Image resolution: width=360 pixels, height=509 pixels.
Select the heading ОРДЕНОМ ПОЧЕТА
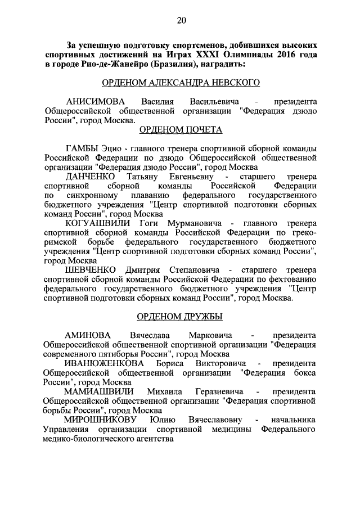[181, 130]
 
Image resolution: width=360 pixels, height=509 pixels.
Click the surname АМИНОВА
[89, 335]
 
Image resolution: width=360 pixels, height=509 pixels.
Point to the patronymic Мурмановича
[197, 223]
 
